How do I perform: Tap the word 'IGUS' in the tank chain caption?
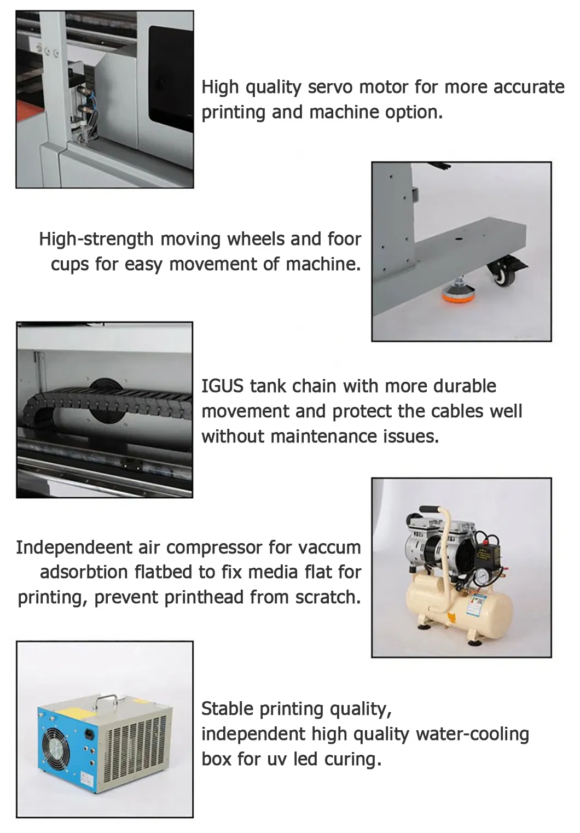pyautogui.click(x=223, y=386)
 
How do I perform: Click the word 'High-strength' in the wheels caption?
pyautogui.click(x=96, y=239)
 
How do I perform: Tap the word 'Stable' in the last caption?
pyautogui.click(x=228, y=709)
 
